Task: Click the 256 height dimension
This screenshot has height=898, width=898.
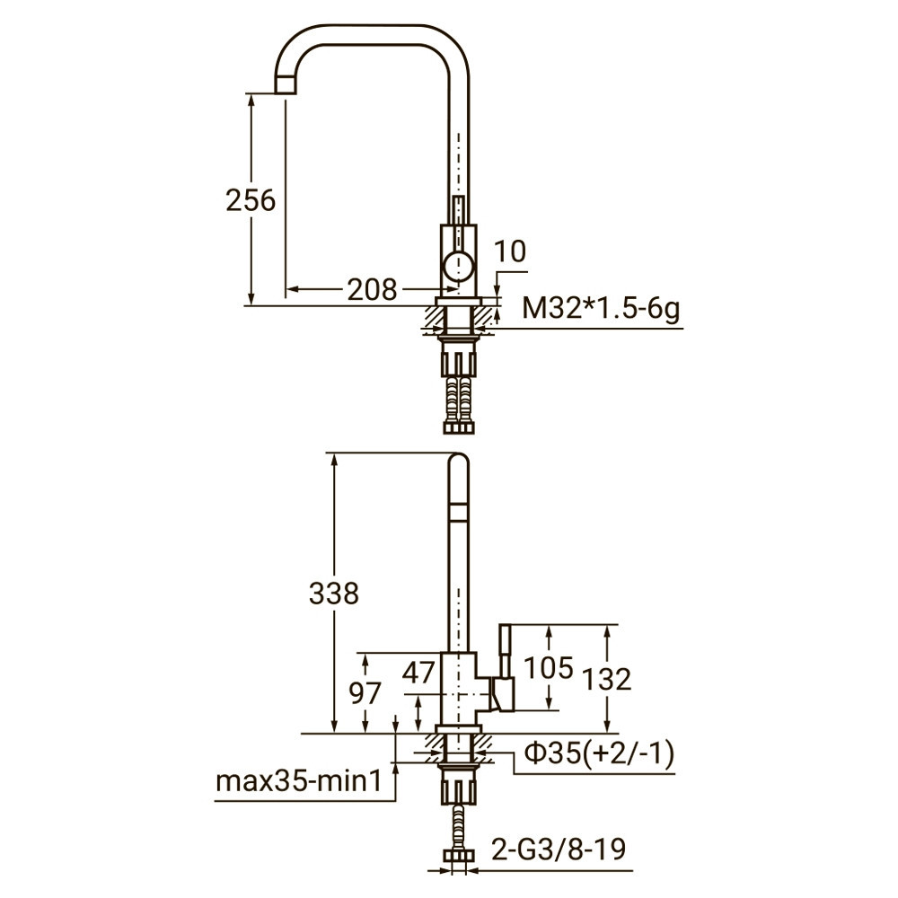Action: click(251, 200)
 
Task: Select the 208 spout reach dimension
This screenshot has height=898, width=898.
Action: click(372, 289)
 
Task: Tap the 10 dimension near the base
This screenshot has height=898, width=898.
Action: click(509, 252)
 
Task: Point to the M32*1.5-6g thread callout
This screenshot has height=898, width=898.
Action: click(601, 310)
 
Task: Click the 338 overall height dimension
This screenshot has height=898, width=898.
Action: click(333, 593)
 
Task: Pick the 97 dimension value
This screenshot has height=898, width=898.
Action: click(364, 692)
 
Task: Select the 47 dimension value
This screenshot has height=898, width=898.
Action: click(418, 672)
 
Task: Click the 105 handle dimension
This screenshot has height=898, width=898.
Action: click(549, 667)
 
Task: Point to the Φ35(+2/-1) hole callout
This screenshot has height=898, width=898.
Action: click(599, 755)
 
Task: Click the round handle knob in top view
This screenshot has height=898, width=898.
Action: click(458, 266)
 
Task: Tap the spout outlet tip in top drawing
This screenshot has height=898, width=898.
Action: click(284, 84)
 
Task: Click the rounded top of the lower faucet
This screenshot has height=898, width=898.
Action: click(458, 462)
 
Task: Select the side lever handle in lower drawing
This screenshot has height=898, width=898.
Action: click(505, 669)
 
